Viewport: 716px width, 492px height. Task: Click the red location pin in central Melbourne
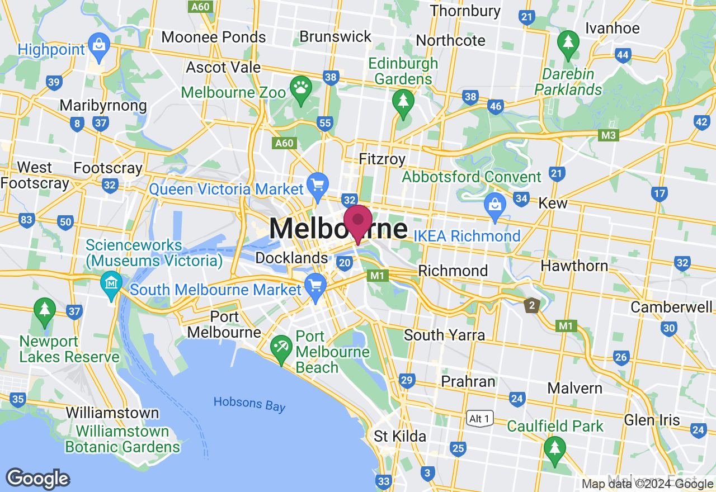(358, 222)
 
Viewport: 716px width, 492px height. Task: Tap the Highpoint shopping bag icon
(99, 44)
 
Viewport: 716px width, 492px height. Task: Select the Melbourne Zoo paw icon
(301, 89)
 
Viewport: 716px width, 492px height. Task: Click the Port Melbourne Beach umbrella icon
(281, 348)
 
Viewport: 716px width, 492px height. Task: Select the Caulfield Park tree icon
(554, 449)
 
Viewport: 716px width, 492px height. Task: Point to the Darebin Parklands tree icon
(568, 42)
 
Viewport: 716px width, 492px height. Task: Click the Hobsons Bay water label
(249, 403)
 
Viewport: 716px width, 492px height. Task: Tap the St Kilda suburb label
(400, 436)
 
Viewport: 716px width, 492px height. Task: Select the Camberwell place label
(672, 307)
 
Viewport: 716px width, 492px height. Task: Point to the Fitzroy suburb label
(382, 159)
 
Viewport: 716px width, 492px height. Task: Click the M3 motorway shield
(609, 135)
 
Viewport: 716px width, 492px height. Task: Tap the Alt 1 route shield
(480, 418)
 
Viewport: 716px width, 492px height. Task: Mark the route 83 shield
(26, 220)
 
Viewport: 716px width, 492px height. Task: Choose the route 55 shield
(324, 122)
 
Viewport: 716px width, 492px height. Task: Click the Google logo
(38, 479)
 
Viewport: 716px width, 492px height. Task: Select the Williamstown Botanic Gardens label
(123, 439)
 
